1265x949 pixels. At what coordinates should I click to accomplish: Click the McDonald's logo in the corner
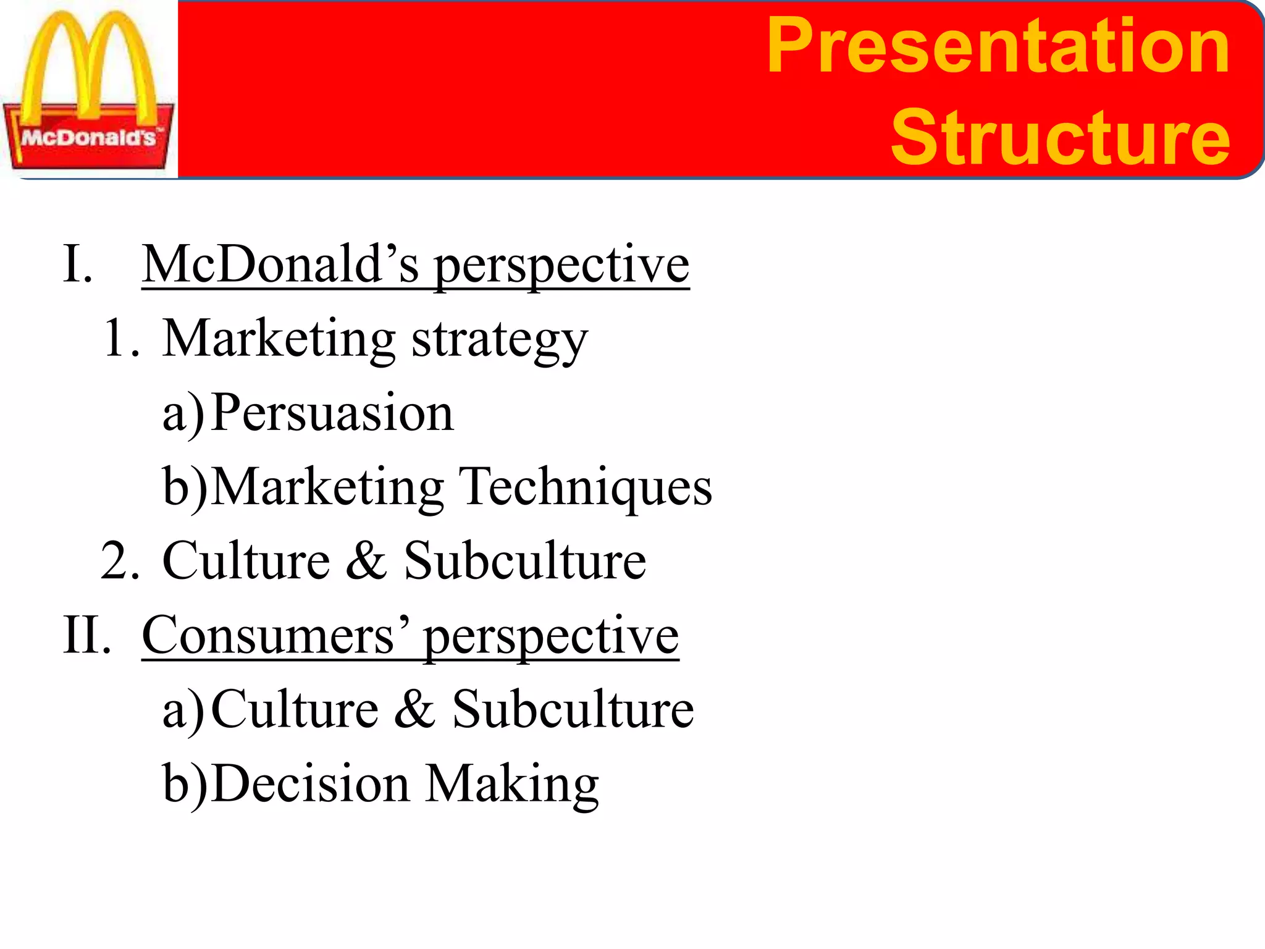pyautogui.click(x=89, y=90)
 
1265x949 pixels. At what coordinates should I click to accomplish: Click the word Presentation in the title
pyautogui.click(x=998, y=46)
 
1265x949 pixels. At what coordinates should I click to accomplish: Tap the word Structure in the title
pyautogui.click(x=1060, y=137)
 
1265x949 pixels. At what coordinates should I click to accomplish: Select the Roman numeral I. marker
pyautogui.click(x=78, y=264)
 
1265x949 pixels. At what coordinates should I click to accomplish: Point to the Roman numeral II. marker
pyautogui.click(x=87, y=635)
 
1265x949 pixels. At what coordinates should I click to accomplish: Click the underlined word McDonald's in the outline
pyautogui.click(x=281, y=264)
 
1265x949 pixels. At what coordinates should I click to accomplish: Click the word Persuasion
pyautogui.click(x=332, y=413)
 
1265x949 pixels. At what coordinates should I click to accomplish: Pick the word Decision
pyautogui.click(x=310, y=783)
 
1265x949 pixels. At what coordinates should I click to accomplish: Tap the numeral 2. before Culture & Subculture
pyautogui.click(x=120, y=561)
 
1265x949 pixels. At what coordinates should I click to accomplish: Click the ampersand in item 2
pyautogui.click(x=366, y=561)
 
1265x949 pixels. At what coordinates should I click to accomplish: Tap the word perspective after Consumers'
pyautogui.click(x=551, y=638)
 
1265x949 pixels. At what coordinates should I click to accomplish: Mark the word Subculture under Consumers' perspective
pyautogui.click(x=573, y=709)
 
